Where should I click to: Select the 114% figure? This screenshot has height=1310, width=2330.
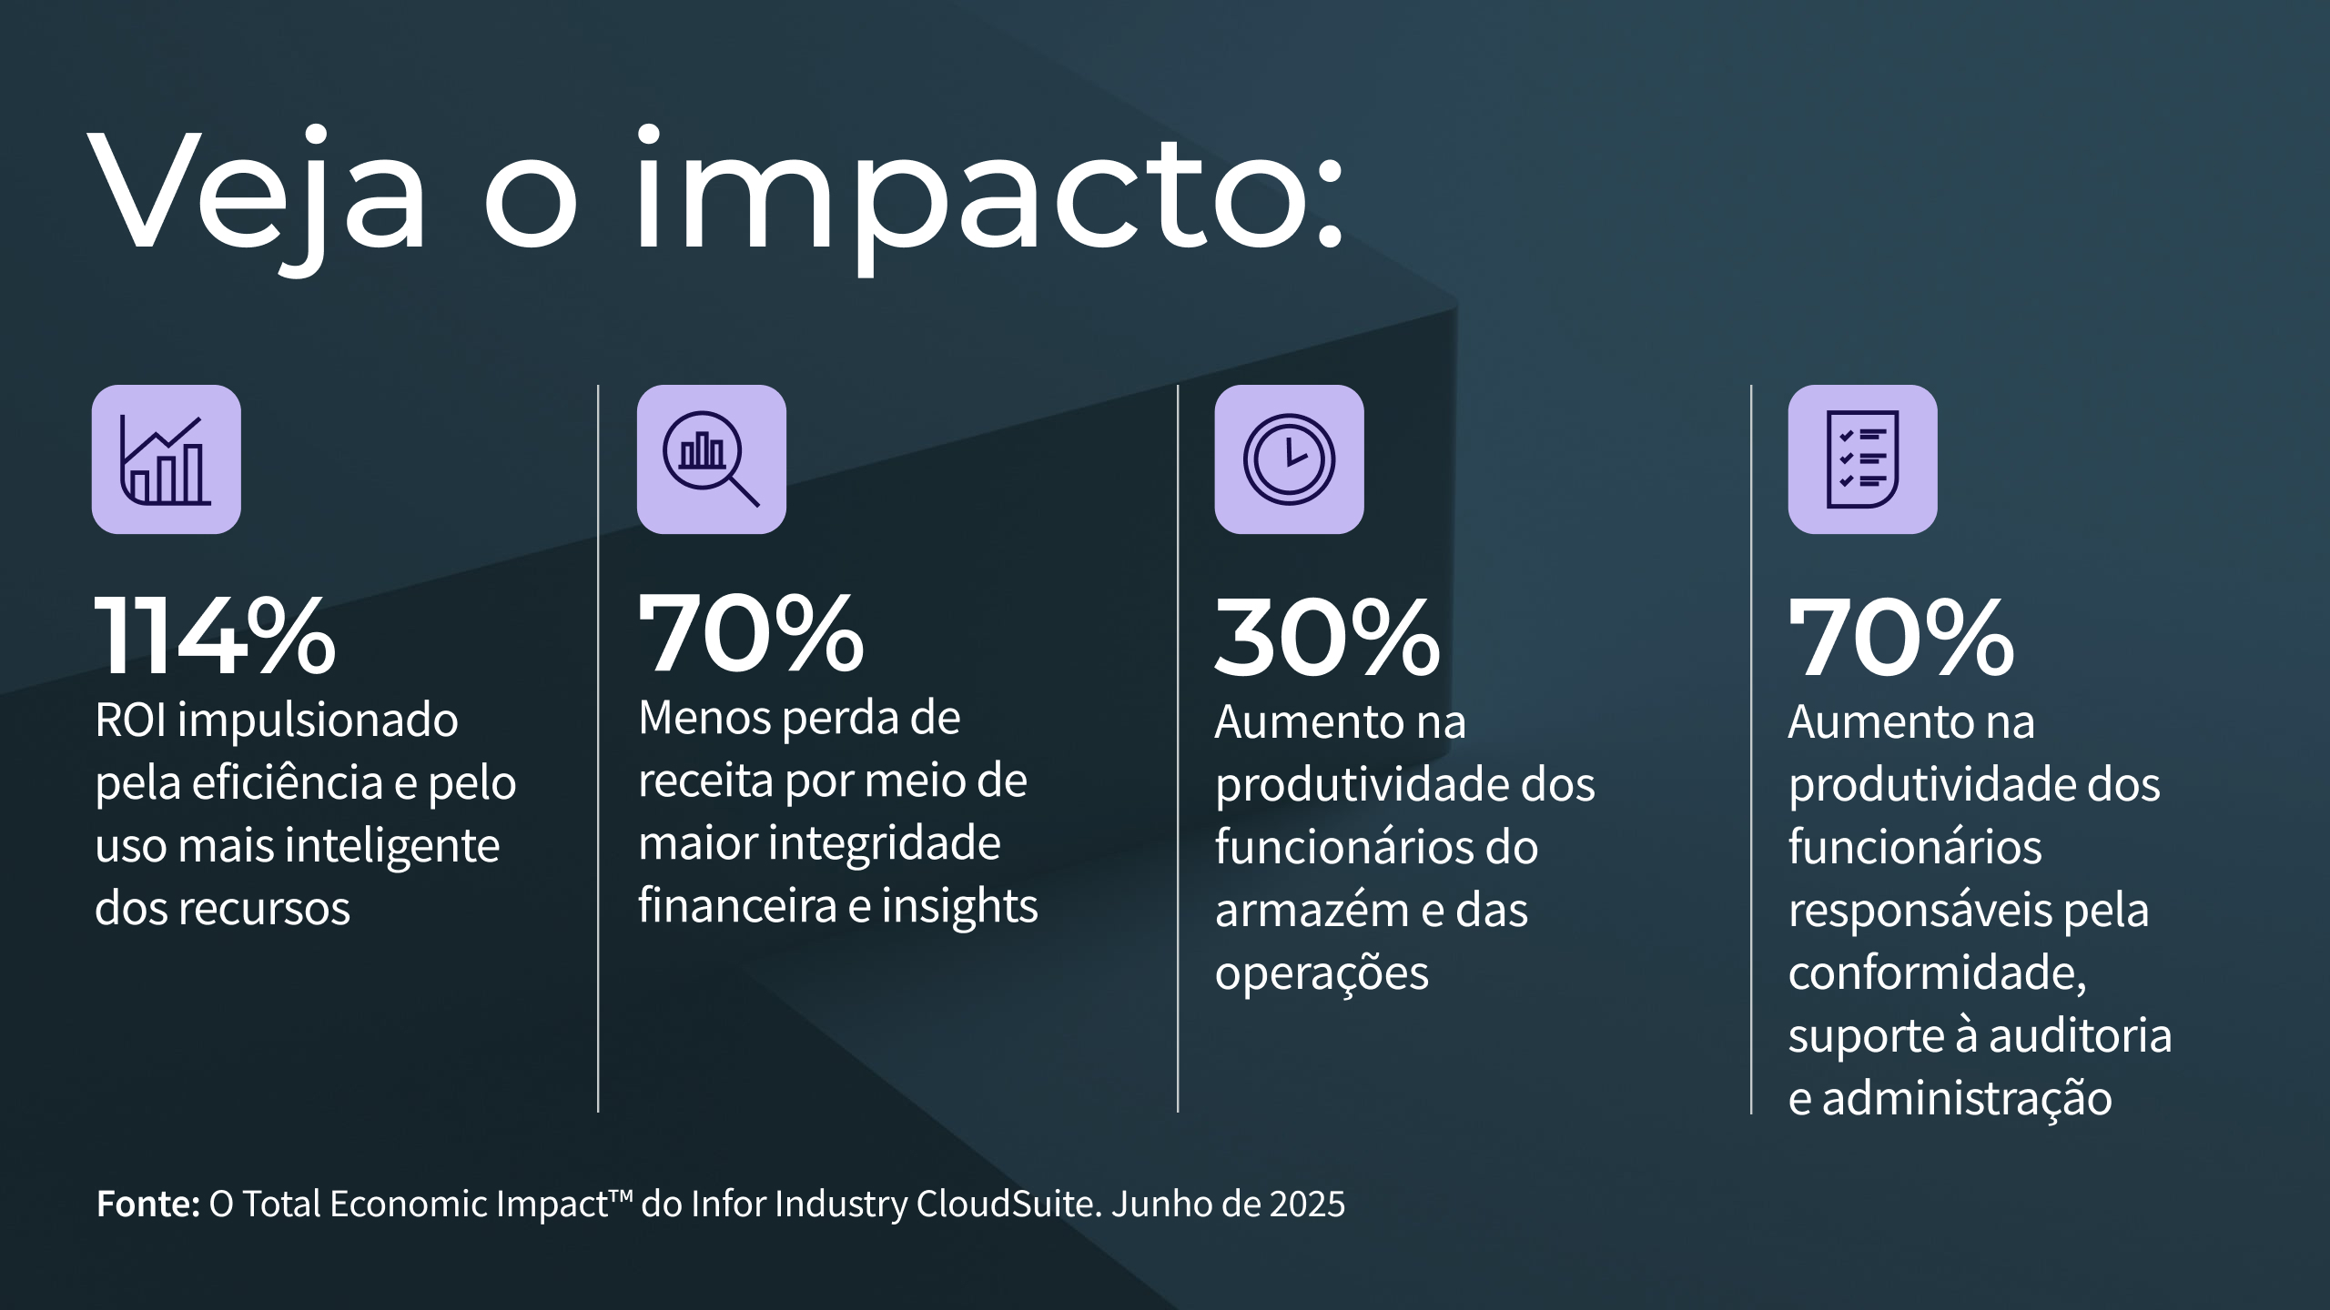(216, 636)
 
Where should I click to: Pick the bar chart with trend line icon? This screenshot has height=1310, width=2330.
(167, 459)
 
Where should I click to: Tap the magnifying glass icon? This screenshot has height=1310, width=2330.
(711, 459)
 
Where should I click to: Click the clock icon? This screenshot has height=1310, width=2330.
(1289, 459)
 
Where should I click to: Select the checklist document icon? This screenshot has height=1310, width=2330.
(1862, 459)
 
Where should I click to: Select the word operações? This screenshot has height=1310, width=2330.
(1322, 974)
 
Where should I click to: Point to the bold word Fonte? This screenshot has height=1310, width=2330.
(147, 1204)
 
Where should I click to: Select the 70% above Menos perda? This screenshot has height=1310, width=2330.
(751, 633)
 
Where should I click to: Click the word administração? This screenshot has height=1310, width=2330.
(1966, 1099)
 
